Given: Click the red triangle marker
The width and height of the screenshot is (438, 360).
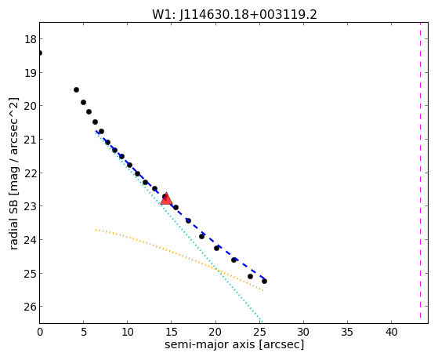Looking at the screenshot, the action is pos(166,198).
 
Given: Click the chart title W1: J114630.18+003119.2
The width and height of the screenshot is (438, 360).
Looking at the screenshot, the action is pos(234,15).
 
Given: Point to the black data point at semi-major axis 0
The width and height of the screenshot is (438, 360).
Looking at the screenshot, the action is pos(40,53).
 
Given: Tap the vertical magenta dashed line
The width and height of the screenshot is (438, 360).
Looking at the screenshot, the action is pos(420,170).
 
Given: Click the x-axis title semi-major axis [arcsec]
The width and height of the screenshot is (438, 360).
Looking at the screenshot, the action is pos(234,344).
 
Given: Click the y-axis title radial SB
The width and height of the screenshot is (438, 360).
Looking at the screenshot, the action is pos(13,173).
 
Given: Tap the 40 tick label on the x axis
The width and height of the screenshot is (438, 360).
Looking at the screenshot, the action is pos(391,332).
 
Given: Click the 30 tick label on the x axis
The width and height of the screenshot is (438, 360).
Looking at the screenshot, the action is pos(303,332).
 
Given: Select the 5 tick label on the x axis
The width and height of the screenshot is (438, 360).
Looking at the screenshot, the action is pos(84,332).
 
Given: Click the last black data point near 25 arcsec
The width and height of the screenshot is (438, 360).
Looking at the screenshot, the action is pos(264,281).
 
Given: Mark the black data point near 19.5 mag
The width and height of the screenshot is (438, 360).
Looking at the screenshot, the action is pos(76,89).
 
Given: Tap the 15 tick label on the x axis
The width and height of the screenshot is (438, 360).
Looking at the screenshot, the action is pos(172,332).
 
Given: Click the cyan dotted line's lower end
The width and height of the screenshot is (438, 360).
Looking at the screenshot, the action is pos(261,322).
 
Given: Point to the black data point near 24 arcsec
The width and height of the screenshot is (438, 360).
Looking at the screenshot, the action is pos(250,276).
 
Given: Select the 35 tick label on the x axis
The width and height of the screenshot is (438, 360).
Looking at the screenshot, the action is pos(347,332).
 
